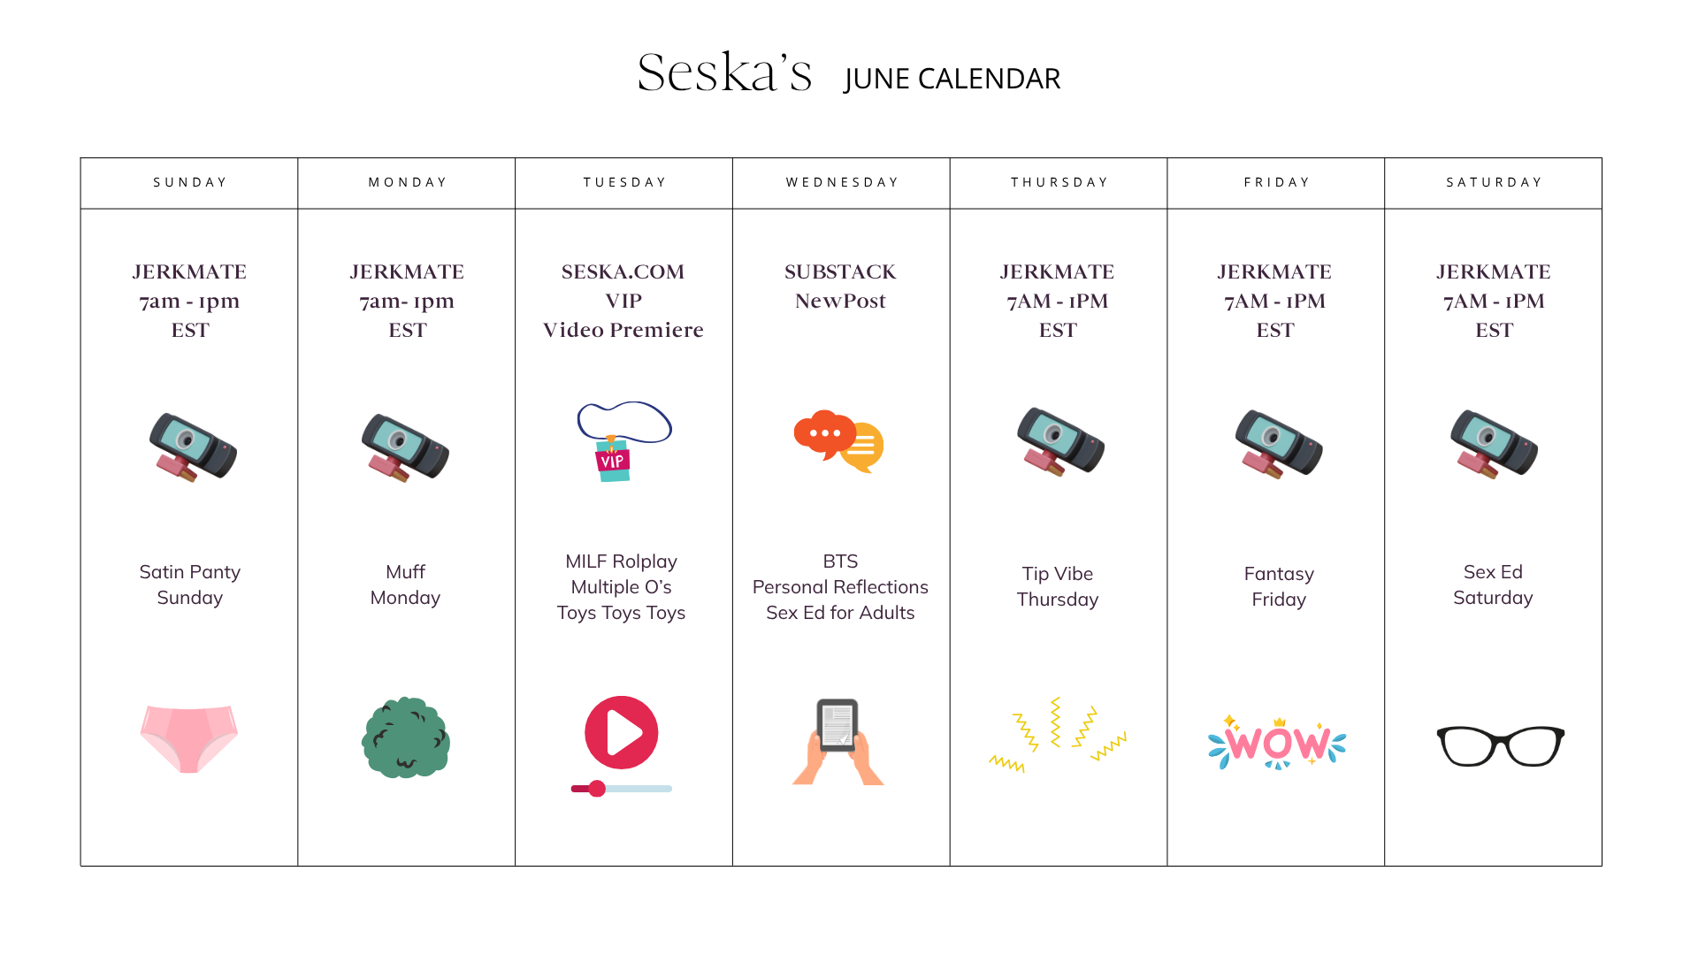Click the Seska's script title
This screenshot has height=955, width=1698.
point(724,72)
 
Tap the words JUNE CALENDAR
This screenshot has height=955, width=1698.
point(952,79)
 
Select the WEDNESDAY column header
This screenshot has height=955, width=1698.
point(842,182)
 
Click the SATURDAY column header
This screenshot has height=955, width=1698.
point(1494,182)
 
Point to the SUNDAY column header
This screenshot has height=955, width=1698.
point(190,182)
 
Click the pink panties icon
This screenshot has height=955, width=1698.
point(189,738)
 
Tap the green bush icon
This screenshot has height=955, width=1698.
point(406,737)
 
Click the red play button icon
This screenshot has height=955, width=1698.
point(622,733)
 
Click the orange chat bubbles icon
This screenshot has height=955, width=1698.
point(838,441)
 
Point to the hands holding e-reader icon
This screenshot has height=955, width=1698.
point(838,742)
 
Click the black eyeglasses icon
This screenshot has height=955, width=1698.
point(1501,745)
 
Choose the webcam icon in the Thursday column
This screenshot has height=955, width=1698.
point(1060,441)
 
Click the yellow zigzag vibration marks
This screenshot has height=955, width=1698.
point(1057,735)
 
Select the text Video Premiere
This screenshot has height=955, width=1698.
point(623,330)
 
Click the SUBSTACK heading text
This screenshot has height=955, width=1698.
point(840,271)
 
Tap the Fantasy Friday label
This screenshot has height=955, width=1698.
point(1279,586)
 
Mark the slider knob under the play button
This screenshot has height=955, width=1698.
point(598,789)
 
